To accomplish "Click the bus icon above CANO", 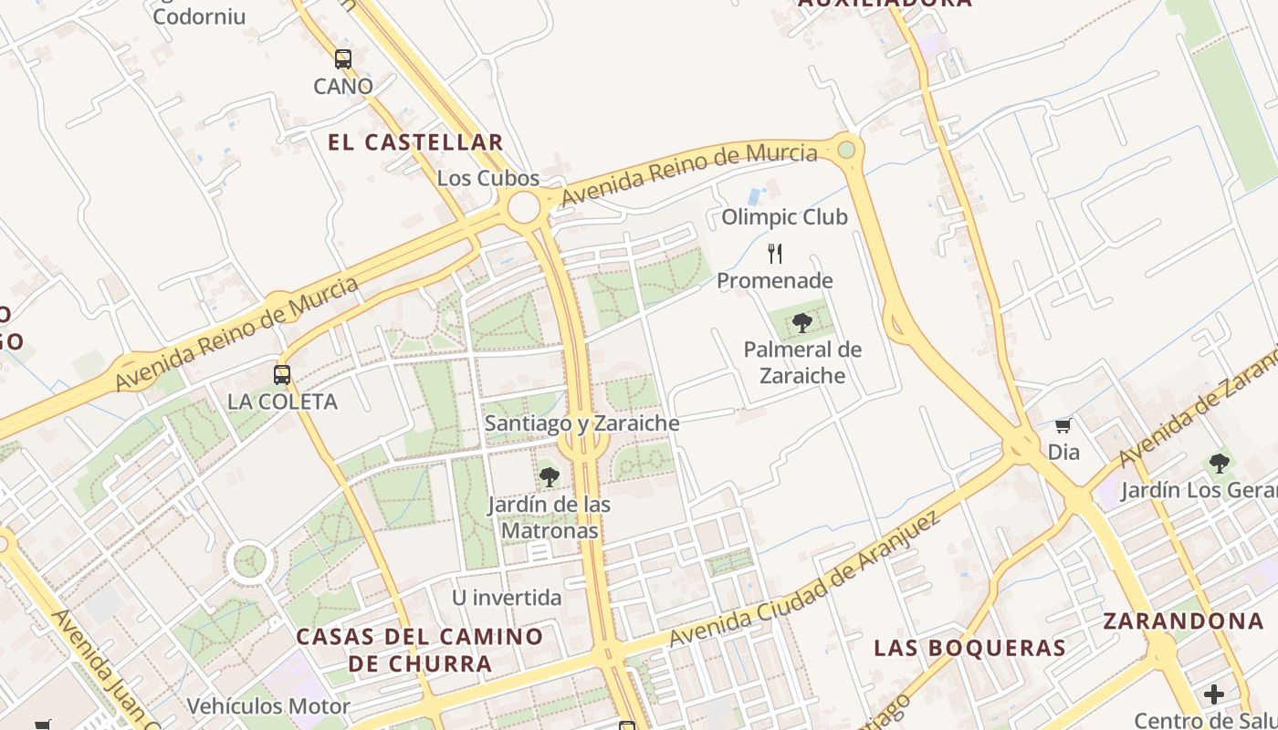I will tap(342, 59).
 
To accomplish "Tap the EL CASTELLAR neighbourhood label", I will tap(415, 142).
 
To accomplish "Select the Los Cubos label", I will tap(488, 178).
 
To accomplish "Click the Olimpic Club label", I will tap(784, 217).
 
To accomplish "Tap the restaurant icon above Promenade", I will tap(775, 253).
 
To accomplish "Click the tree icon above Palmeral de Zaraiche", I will tap(801, 322).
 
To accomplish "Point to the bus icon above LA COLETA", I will tap(282, 374).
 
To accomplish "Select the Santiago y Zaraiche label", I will tap(582, 423).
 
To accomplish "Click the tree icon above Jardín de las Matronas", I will tap(549, 476).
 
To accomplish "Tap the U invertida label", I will tap(507, 598).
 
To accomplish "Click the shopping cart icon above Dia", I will tap(1063, 425).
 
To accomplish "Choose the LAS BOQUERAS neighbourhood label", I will tap(969, 648).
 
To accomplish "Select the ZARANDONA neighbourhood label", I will tap(1183, 621).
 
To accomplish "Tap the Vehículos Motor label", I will tap(268, 706).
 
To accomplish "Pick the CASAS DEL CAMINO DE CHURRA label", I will tap(420, 650).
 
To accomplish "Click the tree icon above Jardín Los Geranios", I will tap(1219, 463).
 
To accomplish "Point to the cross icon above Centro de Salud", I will tap(1213, 694).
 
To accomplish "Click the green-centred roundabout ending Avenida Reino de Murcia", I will tap(847, 149).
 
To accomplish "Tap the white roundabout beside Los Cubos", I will tap(524, 207).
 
